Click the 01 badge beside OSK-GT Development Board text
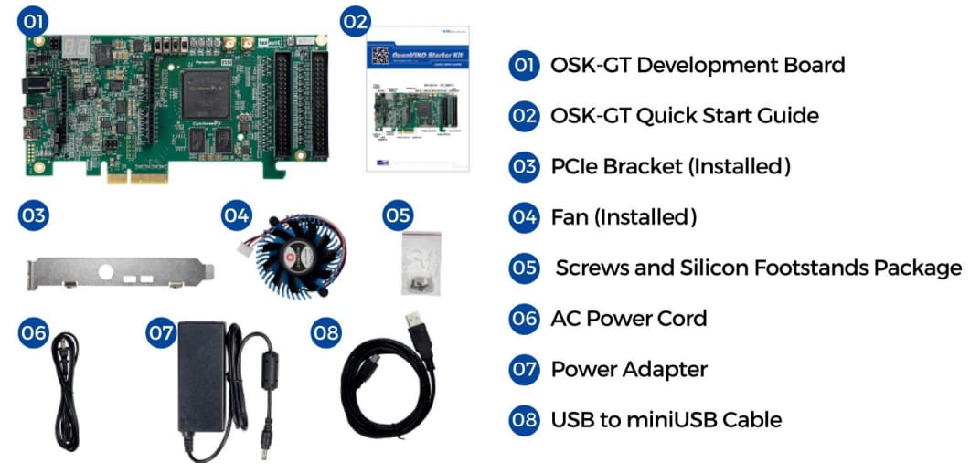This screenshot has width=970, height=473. [524, 66]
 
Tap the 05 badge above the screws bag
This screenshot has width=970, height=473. [398, 216]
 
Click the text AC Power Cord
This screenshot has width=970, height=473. [628, 319]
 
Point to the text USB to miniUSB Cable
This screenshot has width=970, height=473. [666, 420]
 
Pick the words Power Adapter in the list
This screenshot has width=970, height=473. [629, 370]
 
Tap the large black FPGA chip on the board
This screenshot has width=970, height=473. [208, 92]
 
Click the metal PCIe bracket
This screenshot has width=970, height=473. [119, 271]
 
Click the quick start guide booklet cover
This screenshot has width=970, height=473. [417, 100]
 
